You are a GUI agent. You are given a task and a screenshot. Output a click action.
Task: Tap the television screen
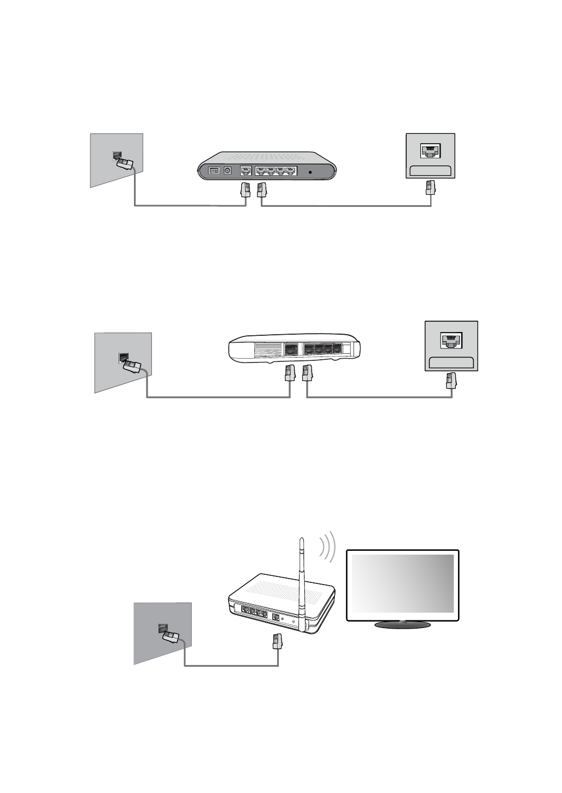pyautogui.click(x=402, y=583)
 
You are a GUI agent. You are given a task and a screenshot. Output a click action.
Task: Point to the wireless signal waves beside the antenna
pyautogui.click(x=327, y=546)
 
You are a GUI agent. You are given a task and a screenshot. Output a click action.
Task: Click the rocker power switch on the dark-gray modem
pyautogui.click(x=215, y=170)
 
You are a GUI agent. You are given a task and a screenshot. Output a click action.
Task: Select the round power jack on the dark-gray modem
pyautogui.click(x=228, y=170)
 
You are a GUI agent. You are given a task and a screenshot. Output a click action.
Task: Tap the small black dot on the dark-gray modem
pyautogui.click(x=310, y=172)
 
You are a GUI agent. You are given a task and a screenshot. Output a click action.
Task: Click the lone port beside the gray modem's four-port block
pyautogui.click(x=246, y=171)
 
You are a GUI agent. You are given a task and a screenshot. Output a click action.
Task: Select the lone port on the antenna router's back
pyautogui.click(x=276, y=618)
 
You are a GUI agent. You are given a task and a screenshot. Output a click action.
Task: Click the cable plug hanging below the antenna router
pyautogui.click(x=278, y=641)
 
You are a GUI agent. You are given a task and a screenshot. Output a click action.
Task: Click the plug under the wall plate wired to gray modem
pyautogui.click(x=430, y=188)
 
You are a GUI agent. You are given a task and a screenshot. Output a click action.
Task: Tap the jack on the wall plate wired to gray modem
pyautogui.click(x=430, y=151)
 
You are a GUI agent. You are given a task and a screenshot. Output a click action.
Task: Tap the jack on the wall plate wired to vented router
pyautogui.click(x=451, y=340)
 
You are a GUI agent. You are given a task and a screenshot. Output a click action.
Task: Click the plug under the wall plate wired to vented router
pyautogui.click(x=451, y=380)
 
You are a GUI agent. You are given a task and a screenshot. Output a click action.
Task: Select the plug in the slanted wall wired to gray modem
pyautogui.click(x=126, y=163)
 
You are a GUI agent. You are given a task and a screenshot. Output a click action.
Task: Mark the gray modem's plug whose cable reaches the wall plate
pyautogui.click(x=262, y=189)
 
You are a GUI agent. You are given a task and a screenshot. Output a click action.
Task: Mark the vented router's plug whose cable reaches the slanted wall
pyautogui.click(x=289, y=373)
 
